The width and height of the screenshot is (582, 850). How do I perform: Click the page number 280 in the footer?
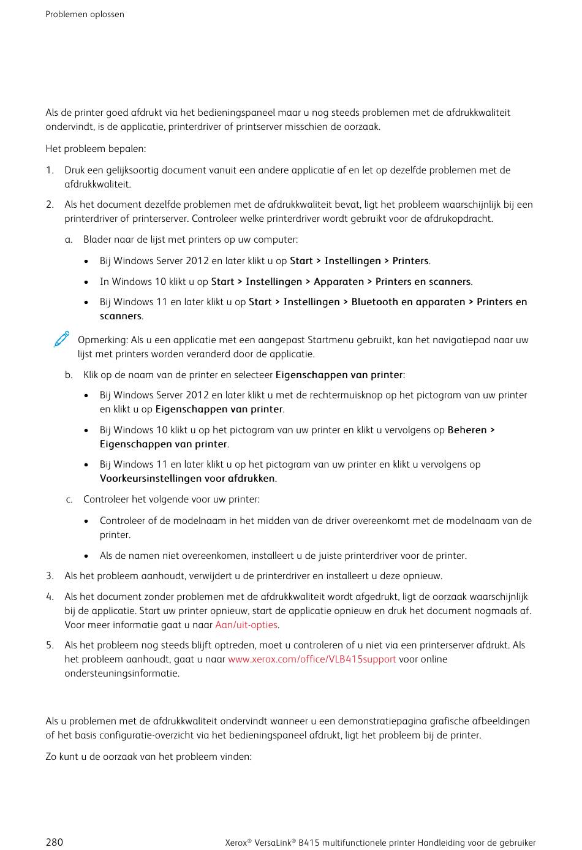(x=54, y=842)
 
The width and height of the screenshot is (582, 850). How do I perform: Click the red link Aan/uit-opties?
(x=246, y=625)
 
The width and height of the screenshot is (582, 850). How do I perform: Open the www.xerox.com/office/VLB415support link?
(x=312, y=659)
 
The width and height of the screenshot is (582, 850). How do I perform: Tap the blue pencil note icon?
(x=61, y=340)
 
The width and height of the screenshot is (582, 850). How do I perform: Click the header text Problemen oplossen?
(x=85, y=14)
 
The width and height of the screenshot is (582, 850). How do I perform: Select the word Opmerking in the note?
(x=102, y=340)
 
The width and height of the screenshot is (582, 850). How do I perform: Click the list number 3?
(x=50, y=576)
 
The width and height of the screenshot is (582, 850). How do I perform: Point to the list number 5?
(x=50, y=645)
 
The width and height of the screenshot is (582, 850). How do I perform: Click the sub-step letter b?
(x=69, y=375)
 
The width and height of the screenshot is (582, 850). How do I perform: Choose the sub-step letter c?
(x=69, y=499)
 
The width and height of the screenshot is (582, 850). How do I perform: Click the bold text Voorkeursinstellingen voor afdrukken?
(x=187, y=479)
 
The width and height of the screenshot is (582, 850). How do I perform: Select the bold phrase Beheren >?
(x=471, y=430)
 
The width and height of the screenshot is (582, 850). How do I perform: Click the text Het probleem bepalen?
(x=96, y=149)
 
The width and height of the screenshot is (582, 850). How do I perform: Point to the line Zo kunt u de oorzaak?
(x=148, y=757)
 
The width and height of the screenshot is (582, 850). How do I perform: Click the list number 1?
(x=50, y=170)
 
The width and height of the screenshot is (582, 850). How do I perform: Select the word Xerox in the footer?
(x=236, y=843)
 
